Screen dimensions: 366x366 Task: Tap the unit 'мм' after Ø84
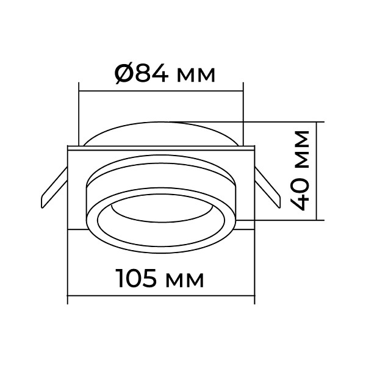[x=196, y=76]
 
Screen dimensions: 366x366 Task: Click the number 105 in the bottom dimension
[x=136, y=278]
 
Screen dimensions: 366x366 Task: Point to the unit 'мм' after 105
[x=185, y=281]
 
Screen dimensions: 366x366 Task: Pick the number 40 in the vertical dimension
[x=301, y=194]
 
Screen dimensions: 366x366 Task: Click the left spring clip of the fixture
[x=54, y=187]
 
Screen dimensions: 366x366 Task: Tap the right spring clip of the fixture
[x=268, y=187]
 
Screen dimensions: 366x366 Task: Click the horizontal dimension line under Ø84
[x=161, y=90]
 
